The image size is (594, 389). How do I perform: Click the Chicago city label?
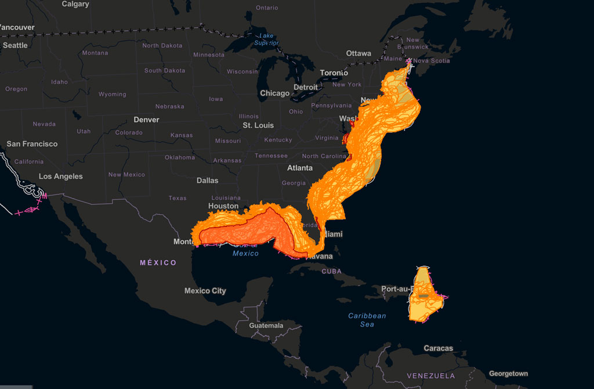click(274, 93)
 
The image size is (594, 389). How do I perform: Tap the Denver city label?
click(146, 120)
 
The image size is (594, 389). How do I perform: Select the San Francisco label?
click(32, 144)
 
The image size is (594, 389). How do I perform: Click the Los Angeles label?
click(60, 177)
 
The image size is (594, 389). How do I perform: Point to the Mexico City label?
click(205, 291)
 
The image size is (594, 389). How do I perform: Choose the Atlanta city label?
click(299, 168)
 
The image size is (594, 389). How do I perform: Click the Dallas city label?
click(207, 181)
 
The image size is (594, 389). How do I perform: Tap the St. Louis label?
click(258, 125)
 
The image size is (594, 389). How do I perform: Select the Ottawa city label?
click(358, 53)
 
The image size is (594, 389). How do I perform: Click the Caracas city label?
click(438, 348)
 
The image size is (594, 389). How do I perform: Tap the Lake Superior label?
click(266, 39)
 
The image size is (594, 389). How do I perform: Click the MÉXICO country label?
click(158, 263)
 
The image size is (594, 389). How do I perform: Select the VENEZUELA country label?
click(430, 376)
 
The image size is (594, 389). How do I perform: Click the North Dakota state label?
click(162, 46)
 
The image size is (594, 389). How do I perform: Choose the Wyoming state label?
click(112, 94)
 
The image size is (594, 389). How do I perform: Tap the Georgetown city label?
click(508, 374)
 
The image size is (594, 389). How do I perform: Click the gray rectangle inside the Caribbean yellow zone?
click(423, 296)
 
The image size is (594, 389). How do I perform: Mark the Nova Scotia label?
click(431, 61)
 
